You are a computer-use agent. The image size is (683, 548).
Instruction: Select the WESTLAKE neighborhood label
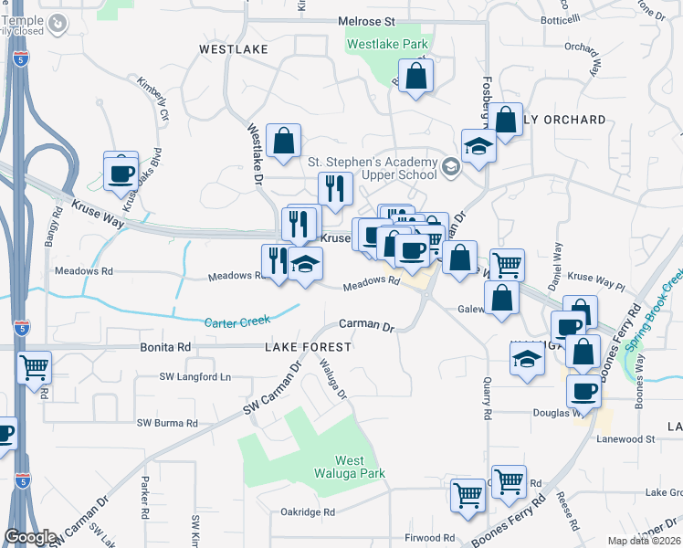click(x=234, y=48)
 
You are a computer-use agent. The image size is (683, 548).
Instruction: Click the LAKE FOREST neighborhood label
click(x=308, y=347)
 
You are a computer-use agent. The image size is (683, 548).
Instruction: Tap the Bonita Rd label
click(x=165, y=347)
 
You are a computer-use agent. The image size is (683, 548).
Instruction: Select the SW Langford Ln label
click(x=196, y=376)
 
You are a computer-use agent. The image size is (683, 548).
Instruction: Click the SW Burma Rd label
click(x=167, y=423)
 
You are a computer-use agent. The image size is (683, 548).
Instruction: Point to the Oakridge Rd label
click(x=308, y=512)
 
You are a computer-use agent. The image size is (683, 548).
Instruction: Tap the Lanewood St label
click(x=651, y=439)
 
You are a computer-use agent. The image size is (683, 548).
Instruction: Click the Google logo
click(x=30, y=537)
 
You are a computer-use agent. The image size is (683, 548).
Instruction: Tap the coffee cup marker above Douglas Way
click(x=583, y=391)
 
